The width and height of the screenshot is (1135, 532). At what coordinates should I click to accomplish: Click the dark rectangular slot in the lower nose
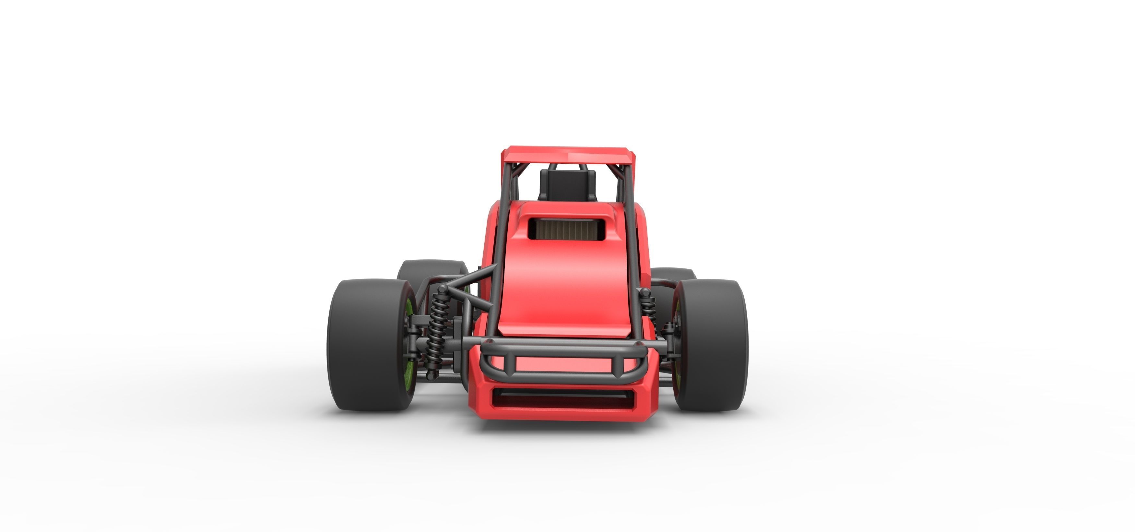pyautogui.click(x=564, y=398)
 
